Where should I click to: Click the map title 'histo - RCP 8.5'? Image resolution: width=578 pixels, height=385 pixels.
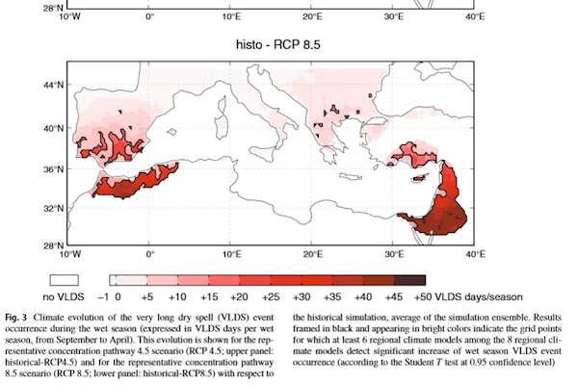coord(272,45)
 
